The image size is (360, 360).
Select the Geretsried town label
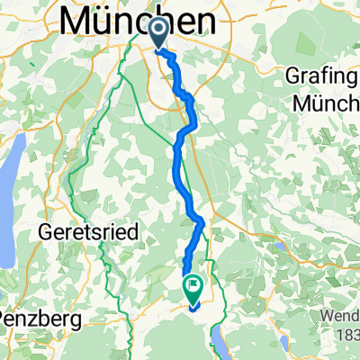click(x=89, y=231)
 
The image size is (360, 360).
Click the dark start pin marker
click(x=158, y=33)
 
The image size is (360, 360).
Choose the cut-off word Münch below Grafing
click(x=329, y=101)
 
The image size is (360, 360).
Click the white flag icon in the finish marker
click(x=193, y=286)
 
